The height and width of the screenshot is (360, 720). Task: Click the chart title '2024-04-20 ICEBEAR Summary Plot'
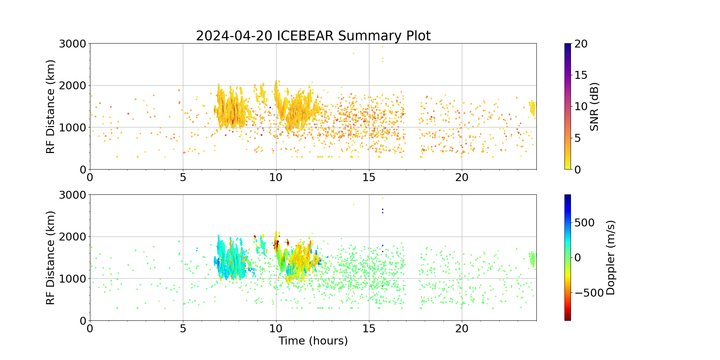tap(313, 36)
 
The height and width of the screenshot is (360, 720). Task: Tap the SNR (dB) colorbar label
tap(594, 107)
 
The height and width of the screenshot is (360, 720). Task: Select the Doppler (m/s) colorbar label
tap(611, 258)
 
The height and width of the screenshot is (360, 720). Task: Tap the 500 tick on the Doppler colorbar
tap(584, 222)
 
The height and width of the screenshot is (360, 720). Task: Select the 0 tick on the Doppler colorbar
tap(578, 258)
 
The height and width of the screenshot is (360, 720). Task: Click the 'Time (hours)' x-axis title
tap(313, 341)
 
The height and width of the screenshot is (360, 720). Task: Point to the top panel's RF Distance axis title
tap(51, 107)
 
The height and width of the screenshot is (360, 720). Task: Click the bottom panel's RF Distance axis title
tap(51, 258)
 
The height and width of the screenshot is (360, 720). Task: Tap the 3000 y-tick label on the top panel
tap(72, 44)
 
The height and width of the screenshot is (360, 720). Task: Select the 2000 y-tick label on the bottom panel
tap(72, 237)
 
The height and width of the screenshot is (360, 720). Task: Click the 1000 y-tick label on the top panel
tap(72, 127)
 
